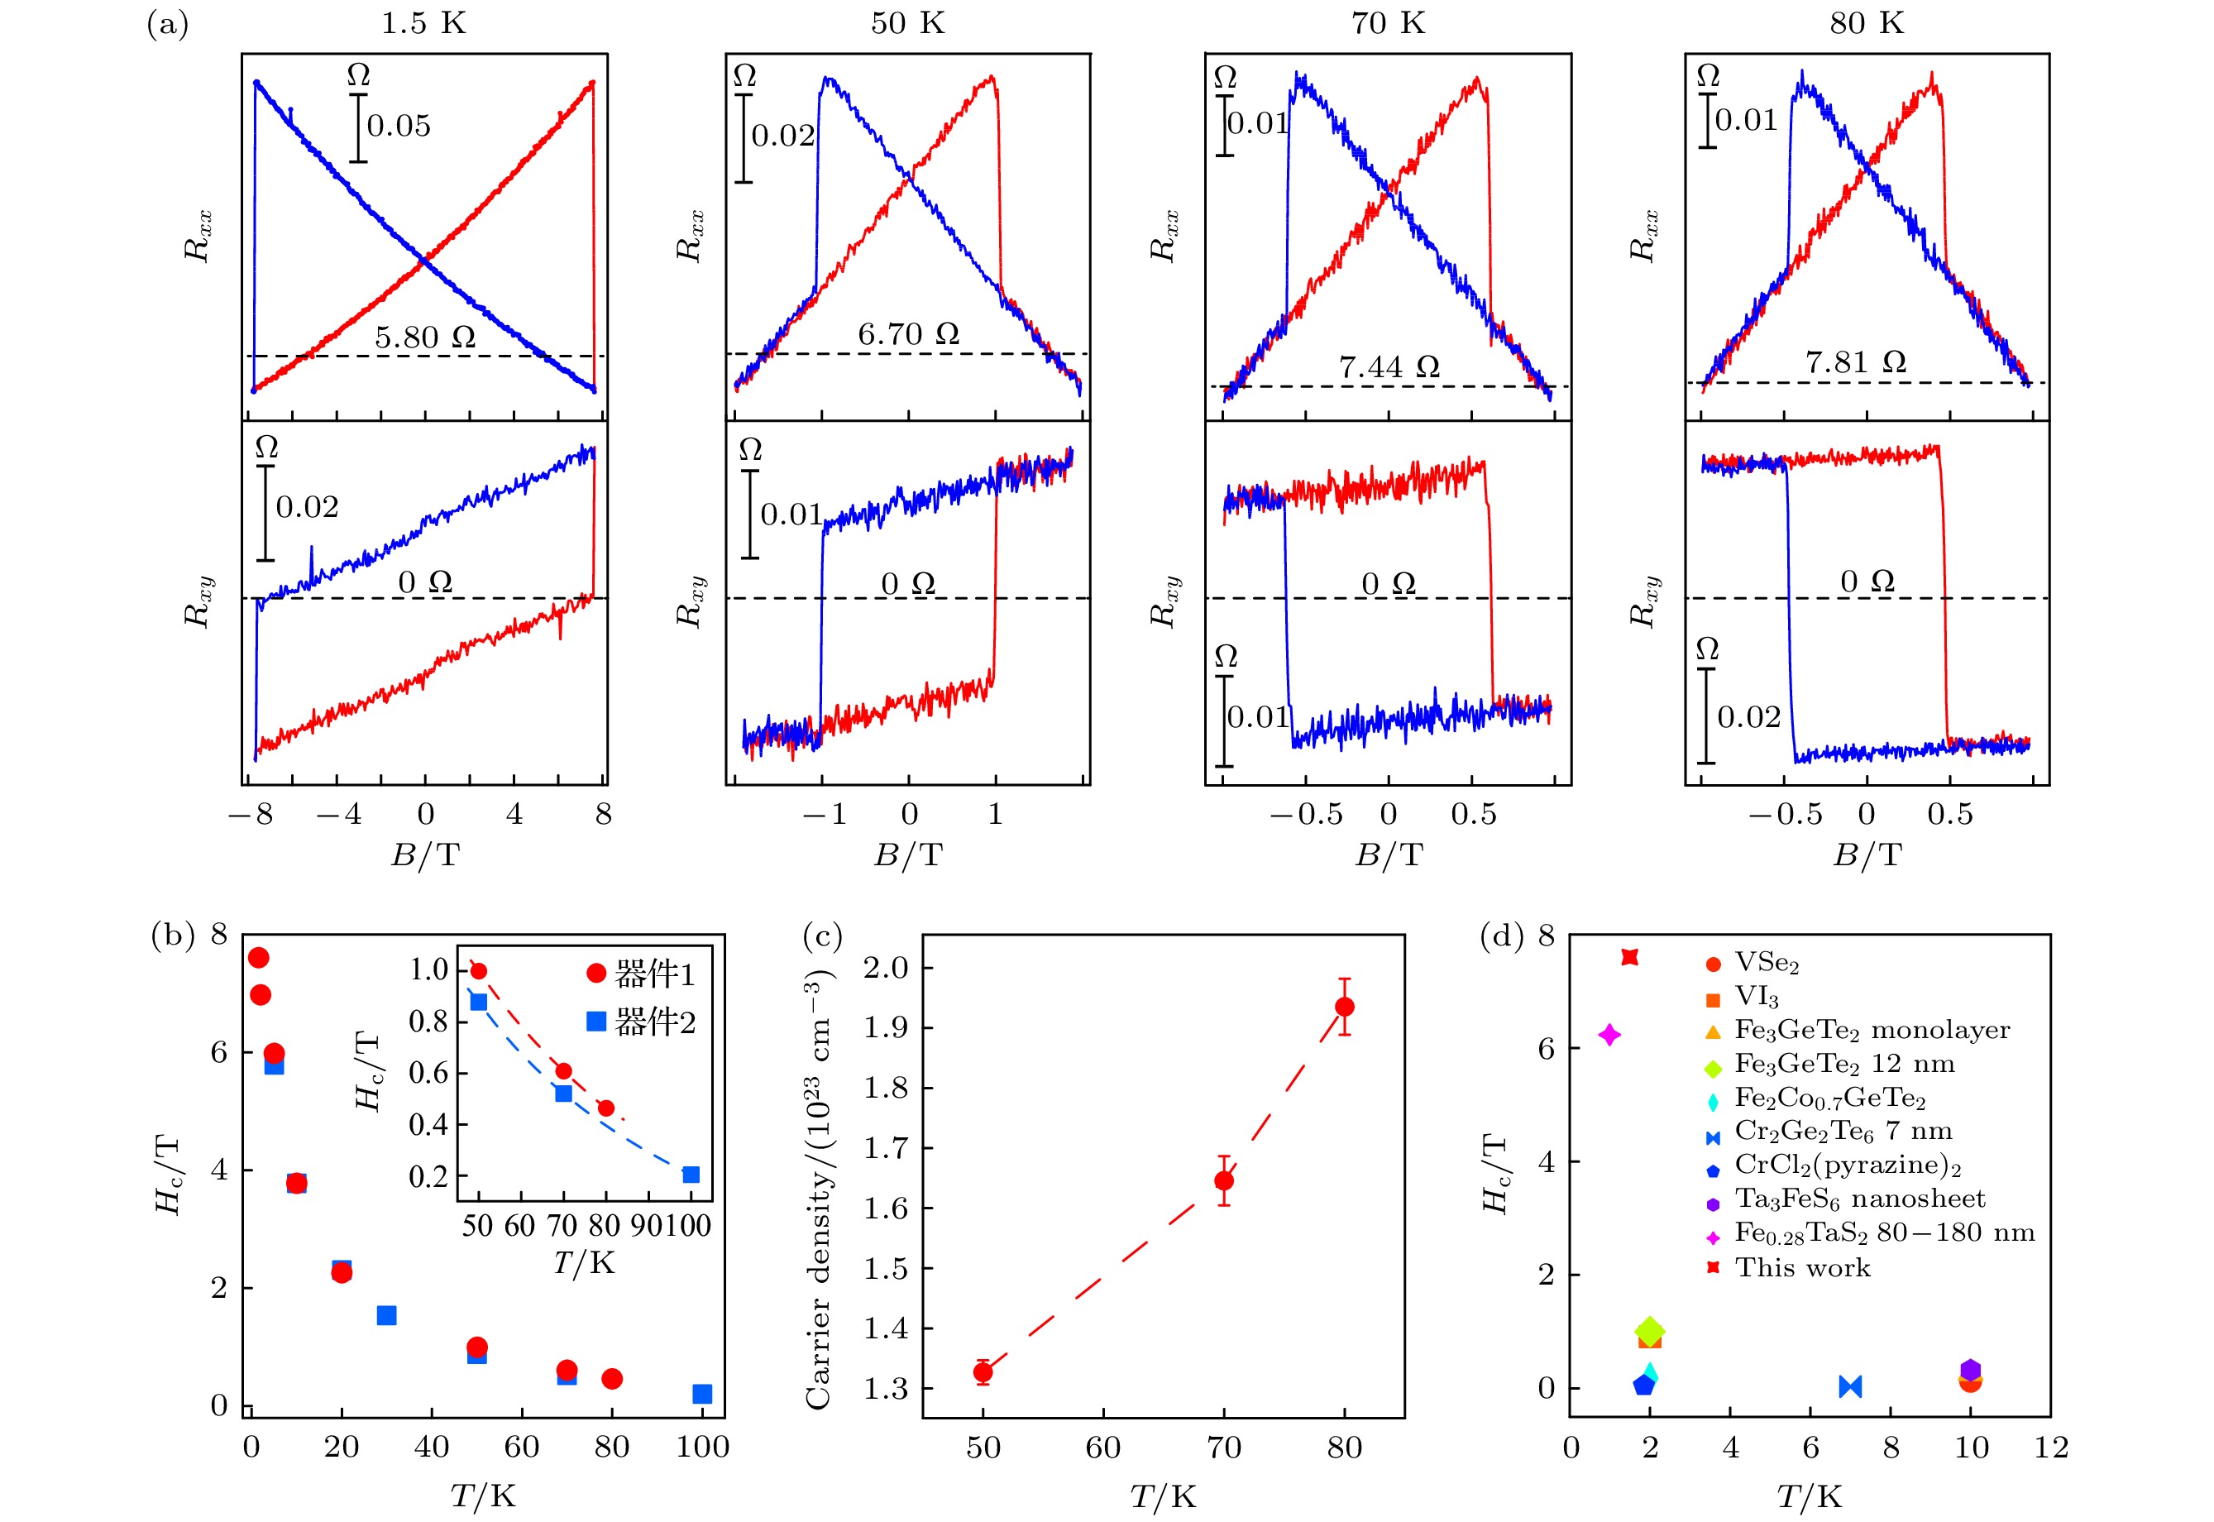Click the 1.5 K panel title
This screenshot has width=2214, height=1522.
pyautogui.click(x=423, y=23)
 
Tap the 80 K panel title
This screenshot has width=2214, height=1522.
pyautogui.click(x=1866, y=23)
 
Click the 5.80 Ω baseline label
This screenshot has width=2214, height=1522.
pyautogui.click(x=424, y=337)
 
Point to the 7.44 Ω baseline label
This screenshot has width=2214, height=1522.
pyautogui.click(x=1389, y=367)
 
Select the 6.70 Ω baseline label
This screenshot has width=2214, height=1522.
pyautogui.click(x=908, y=335)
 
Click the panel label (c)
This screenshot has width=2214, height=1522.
pyautogui.click(x=822, y=936)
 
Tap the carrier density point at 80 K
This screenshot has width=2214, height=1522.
pyautogui.click(x=1345, y=1007)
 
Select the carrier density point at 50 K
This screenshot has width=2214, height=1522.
pyautogui.click(x=983, y=1372)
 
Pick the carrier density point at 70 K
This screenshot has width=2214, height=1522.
pyautogui.click(x=1224, y=1180)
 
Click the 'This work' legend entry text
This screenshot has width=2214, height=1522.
pyautogui.click(x=1802, y=1267)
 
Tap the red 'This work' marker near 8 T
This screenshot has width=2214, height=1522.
pyautogui.click(x=1629, y=957)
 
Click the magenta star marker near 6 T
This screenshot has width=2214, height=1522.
pyautogui.click(x=1609, y=1035)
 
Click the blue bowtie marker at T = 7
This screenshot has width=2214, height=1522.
pyautogui.click(x=1850, y=1386)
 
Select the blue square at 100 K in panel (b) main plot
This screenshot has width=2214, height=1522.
pyautogui.click(x=702, y=1395)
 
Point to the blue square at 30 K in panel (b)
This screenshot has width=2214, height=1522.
pyautogui.click(x=386, y=1316)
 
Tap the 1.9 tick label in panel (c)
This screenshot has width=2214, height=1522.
pyautogui.click(x=886, y=1028)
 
